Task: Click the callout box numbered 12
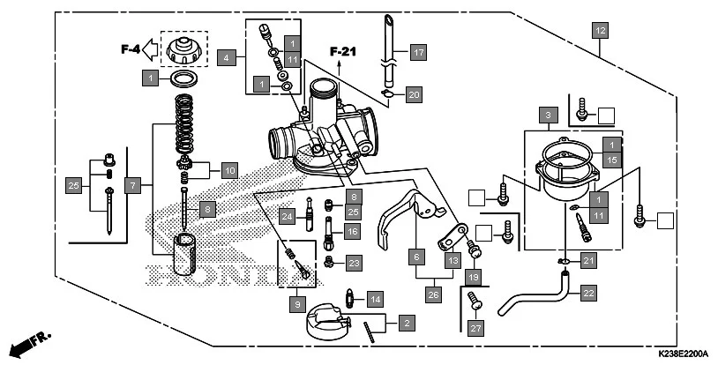(x=600, y=31)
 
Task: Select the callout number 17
(x=417, y=53)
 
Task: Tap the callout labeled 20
(x=414, y=93)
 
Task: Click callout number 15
(x=610, y=159)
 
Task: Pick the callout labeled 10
(x=229, y=169)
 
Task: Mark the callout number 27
(x=476, y=328)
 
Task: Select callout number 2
(x=407, y=324)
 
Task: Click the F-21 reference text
(x=342, y=51)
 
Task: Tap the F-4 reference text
(x=131, y=49)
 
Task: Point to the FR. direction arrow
(x=26, y=343)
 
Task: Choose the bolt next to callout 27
(x=475, y=302)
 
